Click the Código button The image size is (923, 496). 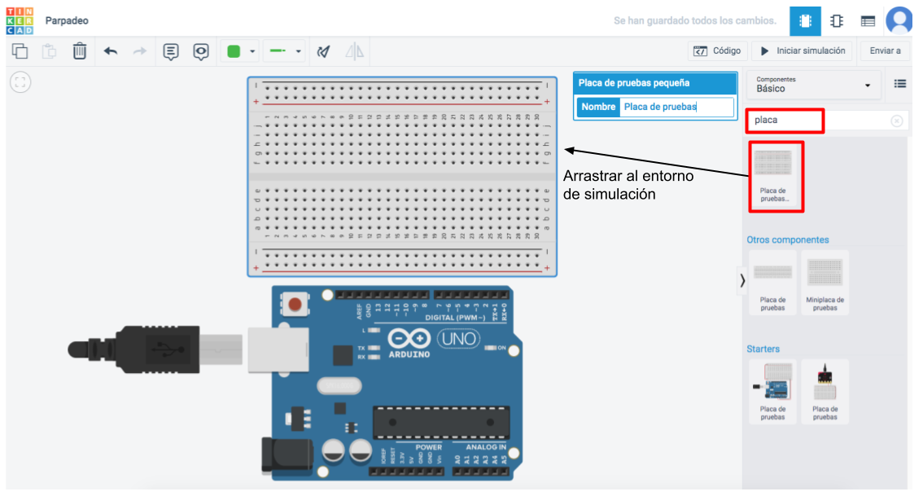[x=716, y=50]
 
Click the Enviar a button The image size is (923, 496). [x=885, y=50]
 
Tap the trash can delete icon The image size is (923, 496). [x=80, y=51]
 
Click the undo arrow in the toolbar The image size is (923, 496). [x=111, y=51]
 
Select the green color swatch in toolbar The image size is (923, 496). [x=234, y=51]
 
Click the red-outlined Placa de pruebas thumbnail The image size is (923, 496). [x=775, y=177]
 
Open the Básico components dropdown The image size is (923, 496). [x=813, y=85]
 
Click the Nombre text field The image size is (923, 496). [x=676, y=107]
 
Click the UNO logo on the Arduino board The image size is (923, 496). [x=459, y=337]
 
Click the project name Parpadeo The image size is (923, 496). [x=68, y=20]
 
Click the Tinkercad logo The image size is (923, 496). [x=20, y=20]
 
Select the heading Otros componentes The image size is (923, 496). [x=788, y=240]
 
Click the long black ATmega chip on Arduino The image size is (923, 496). [x=441, y=420]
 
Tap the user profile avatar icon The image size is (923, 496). [x=899, y=20]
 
